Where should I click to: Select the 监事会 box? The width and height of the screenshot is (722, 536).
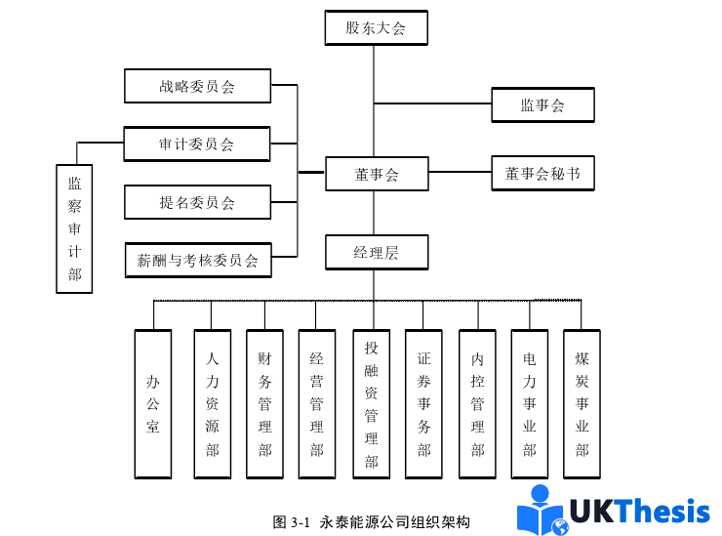tap(543, 105)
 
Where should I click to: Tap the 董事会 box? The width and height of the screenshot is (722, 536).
tap(376, 175)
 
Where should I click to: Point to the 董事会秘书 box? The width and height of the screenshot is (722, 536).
tap(542, 174)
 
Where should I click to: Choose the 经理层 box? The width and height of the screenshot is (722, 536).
tap(376, 253)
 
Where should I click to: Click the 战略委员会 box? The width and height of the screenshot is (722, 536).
tap(197, 86)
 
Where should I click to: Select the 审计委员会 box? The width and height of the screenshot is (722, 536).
tap(197, 144)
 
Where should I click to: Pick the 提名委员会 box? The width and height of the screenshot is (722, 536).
tap(197, 202)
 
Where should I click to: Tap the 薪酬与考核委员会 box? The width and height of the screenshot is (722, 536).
tap(197, 261)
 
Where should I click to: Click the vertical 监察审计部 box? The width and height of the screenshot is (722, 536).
tap(74, 227)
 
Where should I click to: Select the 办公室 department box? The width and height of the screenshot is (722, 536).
tap(153, 403)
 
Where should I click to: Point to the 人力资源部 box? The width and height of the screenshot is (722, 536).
tap(213, 403)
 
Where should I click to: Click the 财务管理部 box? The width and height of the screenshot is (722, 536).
tap(264, 403)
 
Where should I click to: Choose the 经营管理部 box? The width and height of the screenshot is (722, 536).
tap(316, 403)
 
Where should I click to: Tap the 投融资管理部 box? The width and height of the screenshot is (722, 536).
tap(371, 403)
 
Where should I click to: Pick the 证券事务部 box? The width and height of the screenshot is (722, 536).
tap(424, 403)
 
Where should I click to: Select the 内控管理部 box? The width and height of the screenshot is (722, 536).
tap(477, 403)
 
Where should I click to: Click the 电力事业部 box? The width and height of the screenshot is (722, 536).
tap(530, 403)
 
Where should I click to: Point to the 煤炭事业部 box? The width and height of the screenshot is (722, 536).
tap(582, 403)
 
